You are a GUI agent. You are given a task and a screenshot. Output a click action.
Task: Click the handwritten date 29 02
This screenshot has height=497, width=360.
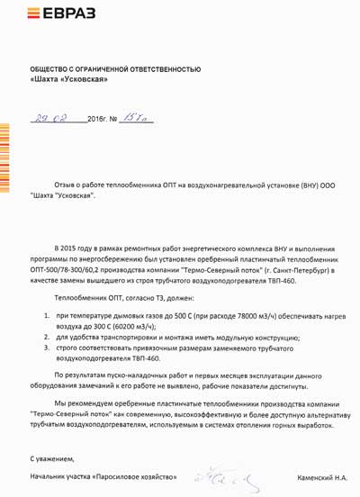pos(50,118)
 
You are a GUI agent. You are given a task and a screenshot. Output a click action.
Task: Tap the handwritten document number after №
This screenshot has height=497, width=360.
pos(138,117)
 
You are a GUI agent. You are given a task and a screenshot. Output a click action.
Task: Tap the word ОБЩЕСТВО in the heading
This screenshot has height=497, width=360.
pos(52,68)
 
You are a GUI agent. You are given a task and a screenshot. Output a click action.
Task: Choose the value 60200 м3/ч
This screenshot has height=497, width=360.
pos(121,327)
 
